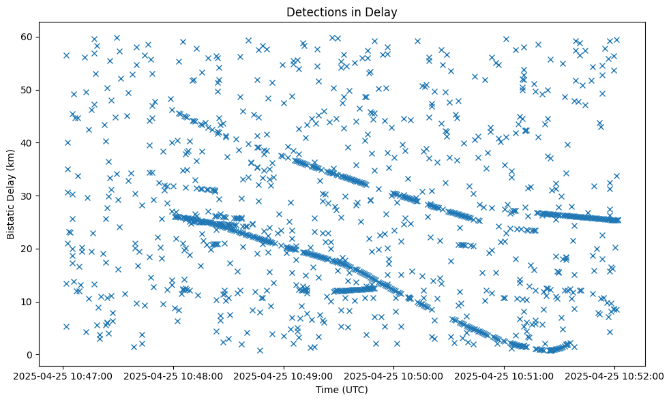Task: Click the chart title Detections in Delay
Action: tap(342, 12)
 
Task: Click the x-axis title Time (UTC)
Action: tap(342, 390)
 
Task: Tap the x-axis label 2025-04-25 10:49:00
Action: tap(285, 375)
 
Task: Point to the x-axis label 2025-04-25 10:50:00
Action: tap(395, 375)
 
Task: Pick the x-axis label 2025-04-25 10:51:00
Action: tap(505, 375)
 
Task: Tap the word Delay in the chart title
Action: tap(383, 12)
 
